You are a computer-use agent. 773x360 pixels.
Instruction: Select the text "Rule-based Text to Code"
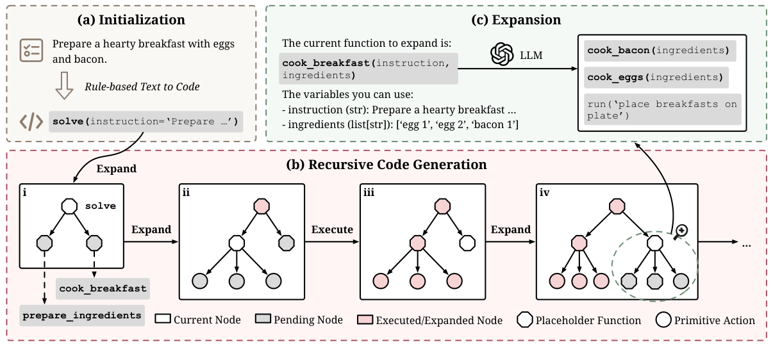(x=142, y=86)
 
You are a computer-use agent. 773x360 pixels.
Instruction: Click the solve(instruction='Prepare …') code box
(x=146, y=122)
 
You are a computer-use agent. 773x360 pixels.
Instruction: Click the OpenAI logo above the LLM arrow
(x=502, y=55)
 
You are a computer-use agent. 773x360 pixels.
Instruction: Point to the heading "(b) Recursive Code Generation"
(x=386, y=165)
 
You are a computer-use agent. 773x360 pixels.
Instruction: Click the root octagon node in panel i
(x=69, y=206)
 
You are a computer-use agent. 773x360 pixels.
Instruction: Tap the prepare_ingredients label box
(x=82, y=315)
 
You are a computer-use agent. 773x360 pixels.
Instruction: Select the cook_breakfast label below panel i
(x=103, y=288)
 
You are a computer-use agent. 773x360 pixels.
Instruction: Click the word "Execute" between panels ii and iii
(x=332, y=229)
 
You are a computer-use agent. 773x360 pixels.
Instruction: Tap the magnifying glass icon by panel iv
(x=680, y=231)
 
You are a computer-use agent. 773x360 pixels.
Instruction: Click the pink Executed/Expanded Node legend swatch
(x=365, y=320)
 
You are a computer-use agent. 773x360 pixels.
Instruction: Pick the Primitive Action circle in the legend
(x=664, y=320)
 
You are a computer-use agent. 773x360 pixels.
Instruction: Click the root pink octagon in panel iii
(x=442, y=206)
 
